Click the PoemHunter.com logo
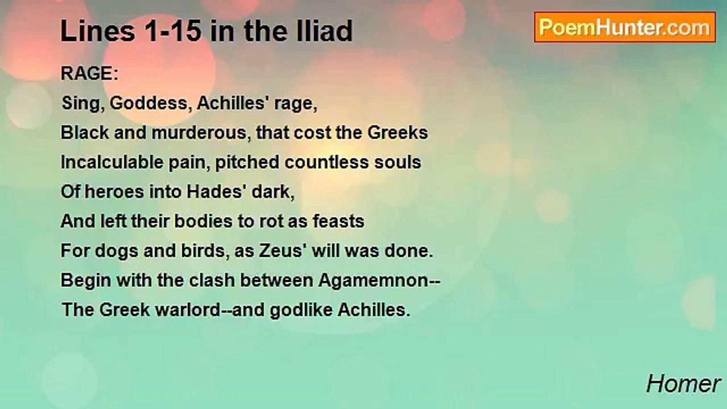click(625, 27)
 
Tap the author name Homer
click(683, 384)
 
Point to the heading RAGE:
click(89, 74)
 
